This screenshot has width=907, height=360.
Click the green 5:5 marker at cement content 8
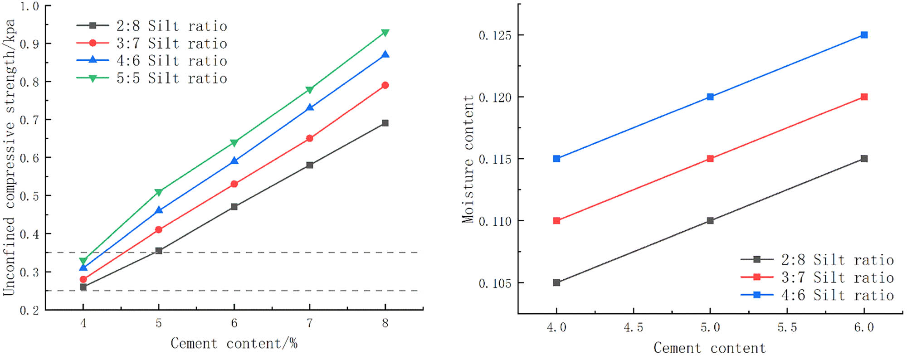pos(385,33)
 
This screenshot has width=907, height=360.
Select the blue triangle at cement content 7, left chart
pos(310,108)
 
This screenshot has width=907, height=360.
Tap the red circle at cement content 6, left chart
pos(234,184)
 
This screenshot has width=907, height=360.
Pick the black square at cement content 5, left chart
pos(159,251)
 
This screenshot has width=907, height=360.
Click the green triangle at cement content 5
pos(159,192)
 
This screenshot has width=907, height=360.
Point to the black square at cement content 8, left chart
pos(385,123)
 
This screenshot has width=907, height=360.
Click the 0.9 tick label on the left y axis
pos(29,44)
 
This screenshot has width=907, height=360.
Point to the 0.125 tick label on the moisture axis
pos(495,35)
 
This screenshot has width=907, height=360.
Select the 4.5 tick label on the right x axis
pos(633,328)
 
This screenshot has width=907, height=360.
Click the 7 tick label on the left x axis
pos(310,323)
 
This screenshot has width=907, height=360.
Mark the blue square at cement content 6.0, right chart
pos(864,35)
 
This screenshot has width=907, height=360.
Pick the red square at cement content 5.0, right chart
pos(710,159)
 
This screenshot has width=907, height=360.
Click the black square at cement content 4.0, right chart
pos(556,282)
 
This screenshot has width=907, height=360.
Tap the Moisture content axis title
pos(468,159)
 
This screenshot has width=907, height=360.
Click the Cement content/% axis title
pos(234,344)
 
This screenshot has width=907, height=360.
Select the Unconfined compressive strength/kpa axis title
pos(10,158)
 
